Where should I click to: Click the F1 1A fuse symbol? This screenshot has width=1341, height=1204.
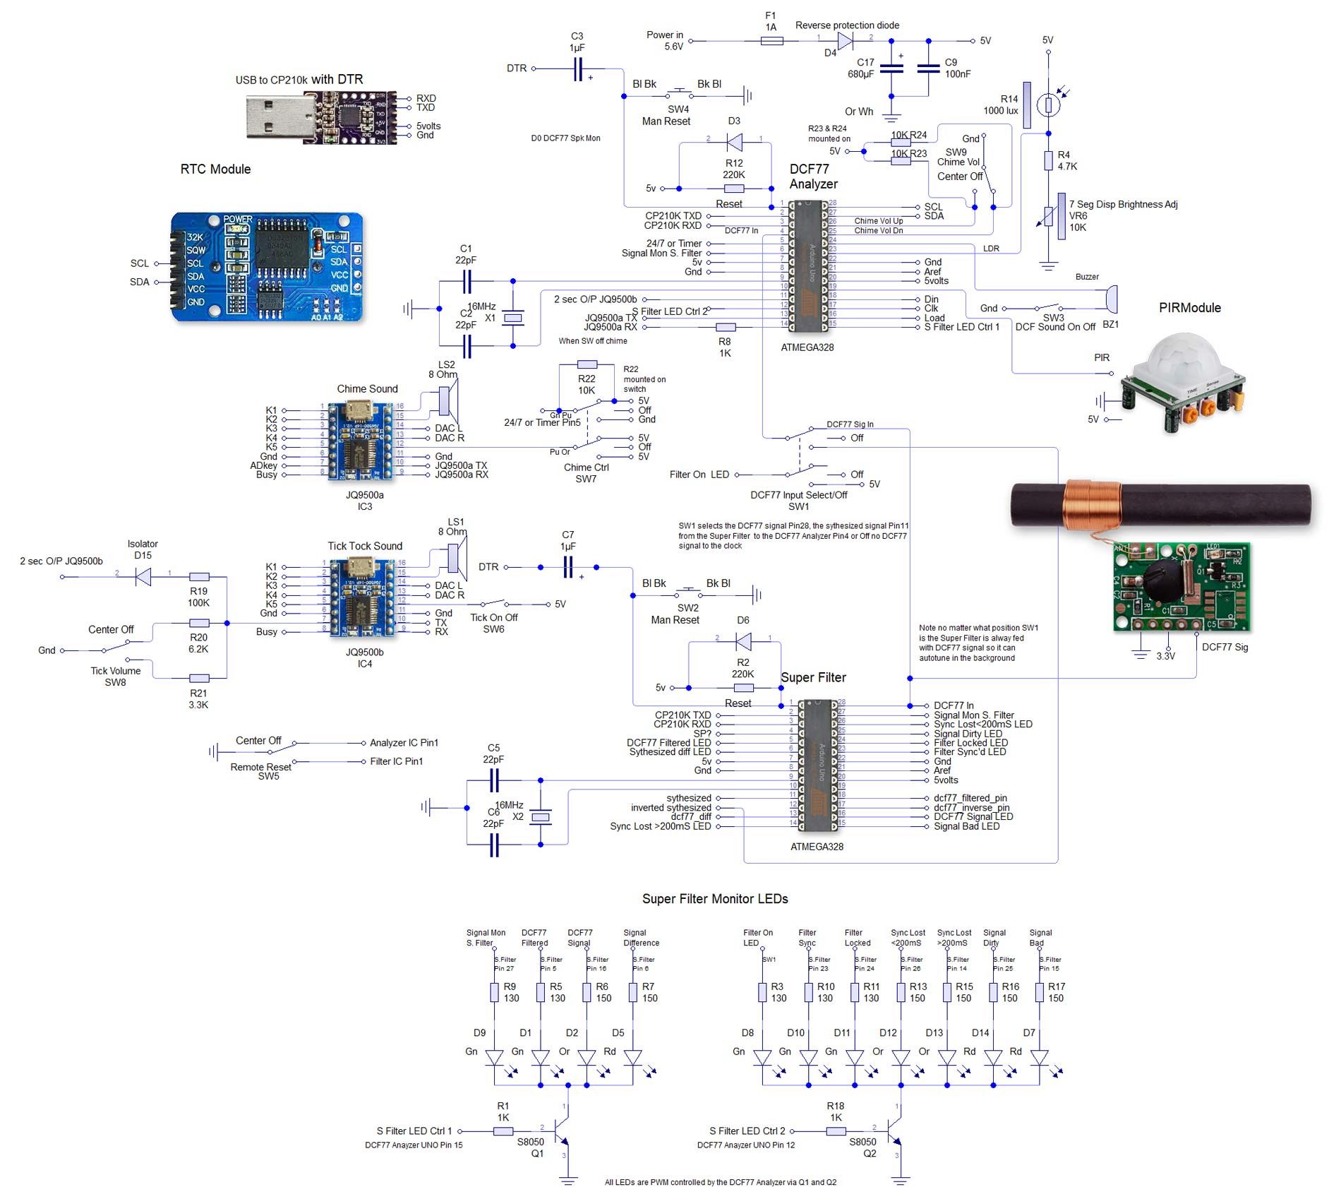[771, 42]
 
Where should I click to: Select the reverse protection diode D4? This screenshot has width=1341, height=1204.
[845, 42]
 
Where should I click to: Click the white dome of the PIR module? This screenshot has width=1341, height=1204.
[1179, 362]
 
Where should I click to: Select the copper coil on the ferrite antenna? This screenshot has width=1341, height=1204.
[1093, 504]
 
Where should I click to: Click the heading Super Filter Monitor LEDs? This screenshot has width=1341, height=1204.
[714, 899]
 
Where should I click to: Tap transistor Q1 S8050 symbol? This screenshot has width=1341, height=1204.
[561, 1130]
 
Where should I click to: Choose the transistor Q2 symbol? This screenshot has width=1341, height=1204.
[894, 1130]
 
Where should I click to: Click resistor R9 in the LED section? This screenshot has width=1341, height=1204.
[495, 992]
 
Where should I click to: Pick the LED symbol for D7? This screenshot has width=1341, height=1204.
[1039, 1058]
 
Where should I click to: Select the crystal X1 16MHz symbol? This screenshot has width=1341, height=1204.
[513, 318]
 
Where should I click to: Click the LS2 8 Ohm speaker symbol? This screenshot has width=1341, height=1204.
[446, 400]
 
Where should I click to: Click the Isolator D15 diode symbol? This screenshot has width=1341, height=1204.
[143, 577]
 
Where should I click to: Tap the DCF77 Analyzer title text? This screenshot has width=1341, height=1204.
[813, 177]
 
